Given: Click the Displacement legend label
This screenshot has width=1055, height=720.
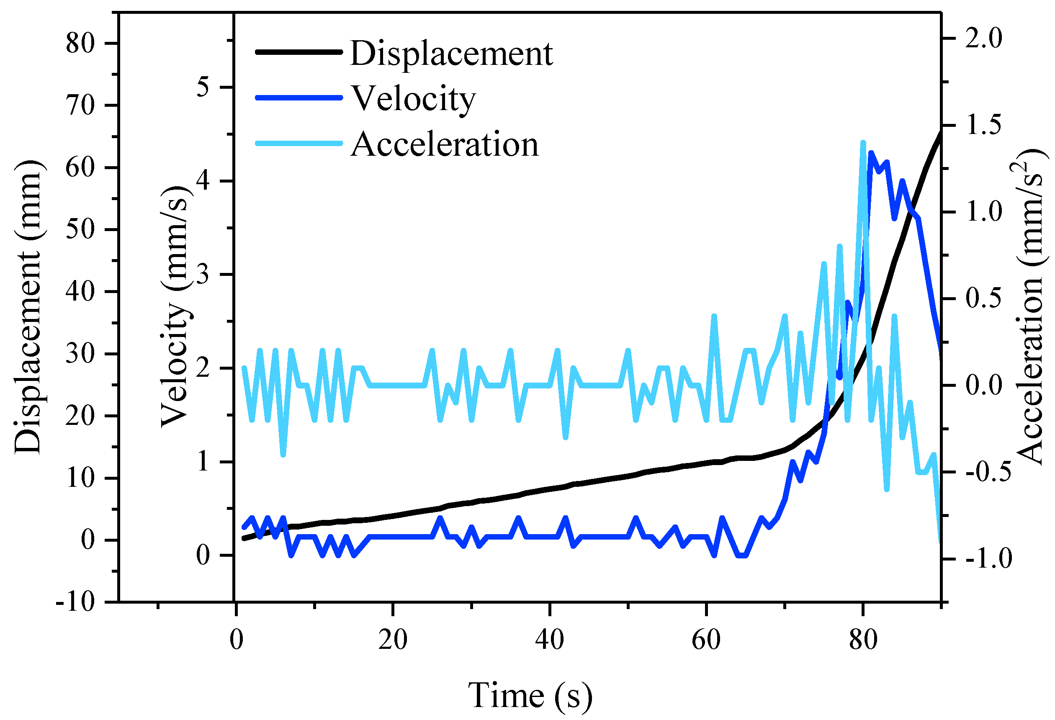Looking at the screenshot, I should [x=451, y=54].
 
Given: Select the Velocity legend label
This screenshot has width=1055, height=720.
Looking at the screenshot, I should [x=414, y=98].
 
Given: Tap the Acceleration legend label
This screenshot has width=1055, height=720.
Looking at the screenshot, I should [x=445, y=144].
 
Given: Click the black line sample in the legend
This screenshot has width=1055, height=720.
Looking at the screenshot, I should [x=298, y=52].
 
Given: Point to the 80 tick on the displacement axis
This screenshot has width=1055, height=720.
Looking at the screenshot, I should [x=80, y=44].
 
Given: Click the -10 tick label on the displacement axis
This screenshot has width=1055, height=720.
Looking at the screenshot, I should [x=75, y=602].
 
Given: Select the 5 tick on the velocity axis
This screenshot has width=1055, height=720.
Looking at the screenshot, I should [x=203, y=87].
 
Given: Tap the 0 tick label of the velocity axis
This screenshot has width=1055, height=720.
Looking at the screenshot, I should [x=203, y=555].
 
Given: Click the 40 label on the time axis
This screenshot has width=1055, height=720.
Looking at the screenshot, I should [x=549, y=640].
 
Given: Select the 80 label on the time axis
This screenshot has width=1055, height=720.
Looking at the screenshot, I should [x=863, y=640].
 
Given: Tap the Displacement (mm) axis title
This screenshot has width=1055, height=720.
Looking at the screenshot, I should [x=28, y=307].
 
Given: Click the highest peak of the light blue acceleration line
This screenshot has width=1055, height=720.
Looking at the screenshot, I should [x=863, y=143].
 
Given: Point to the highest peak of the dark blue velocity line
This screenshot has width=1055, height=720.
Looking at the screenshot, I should [x=871, y=154].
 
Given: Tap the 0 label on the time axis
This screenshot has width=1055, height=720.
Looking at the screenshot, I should [x=236, y=640].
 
